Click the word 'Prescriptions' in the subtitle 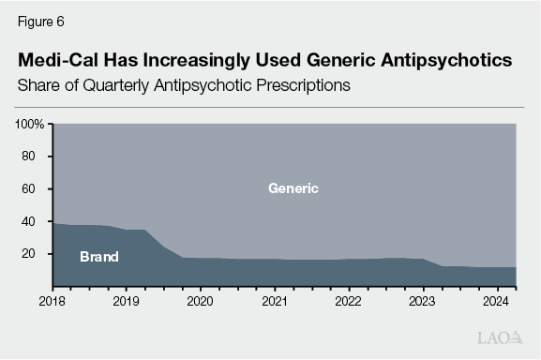295,85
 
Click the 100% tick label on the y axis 30,124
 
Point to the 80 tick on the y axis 30,157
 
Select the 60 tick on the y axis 30,188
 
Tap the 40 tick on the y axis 30,221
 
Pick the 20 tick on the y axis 30,254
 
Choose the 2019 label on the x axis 126,303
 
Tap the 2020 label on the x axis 200,303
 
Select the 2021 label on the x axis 275,303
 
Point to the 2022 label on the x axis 349,303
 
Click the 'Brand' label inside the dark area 98,256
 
